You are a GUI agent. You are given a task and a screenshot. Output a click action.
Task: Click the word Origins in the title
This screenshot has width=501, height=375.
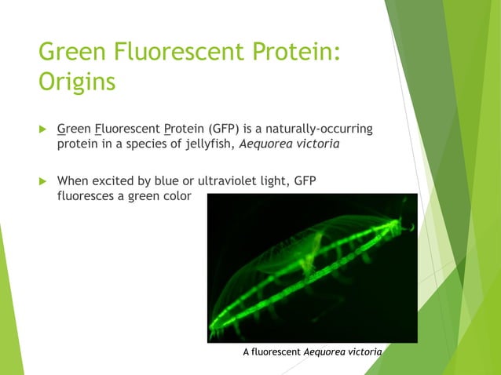77,82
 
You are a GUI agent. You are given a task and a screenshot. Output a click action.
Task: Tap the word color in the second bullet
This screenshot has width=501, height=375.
174,196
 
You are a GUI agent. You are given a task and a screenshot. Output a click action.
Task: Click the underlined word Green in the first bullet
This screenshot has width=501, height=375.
75,128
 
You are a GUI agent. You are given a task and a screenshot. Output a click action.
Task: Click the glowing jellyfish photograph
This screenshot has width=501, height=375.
312,268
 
